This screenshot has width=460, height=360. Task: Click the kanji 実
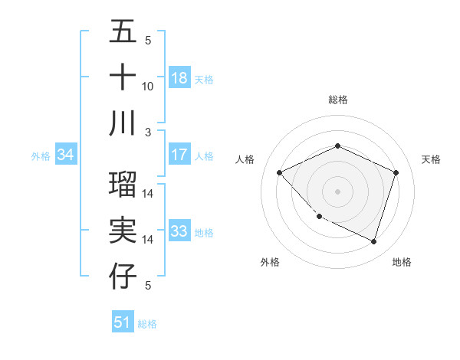coord(123,231)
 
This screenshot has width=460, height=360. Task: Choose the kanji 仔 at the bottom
coord(123,277)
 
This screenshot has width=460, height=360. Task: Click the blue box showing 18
coord(179,77)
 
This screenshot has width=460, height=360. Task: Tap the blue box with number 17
coord(179,154)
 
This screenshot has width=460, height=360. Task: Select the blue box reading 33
coord(179,231)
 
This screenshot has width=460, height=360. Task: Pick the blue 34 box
coord(66,155)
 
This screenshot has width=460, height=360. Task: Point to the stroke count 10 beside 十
coord(148,86)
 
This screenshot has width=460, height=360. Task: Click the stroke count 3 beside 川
coord(148,131)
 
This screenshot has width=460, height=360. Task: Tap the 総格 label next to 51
coord(147,323)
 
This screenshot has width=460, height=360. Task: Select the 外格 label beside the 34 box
coord(41,156)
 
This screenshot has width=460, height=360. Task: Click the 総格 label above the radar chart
coord(337,100)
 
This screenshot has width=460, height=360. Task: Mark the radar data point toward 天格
coord(396,172)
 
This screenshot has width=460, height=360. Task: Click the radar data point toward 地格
coord(374,241)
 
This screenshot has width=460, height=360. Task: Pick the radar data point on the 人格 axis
coord(279,172)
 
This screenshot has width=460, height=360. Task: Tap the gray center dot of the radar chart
coord(337,191)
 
